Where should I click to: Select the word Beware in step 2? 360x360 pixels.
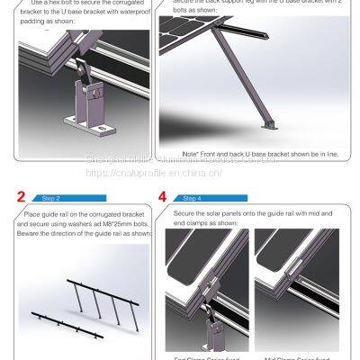[30, 232]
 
